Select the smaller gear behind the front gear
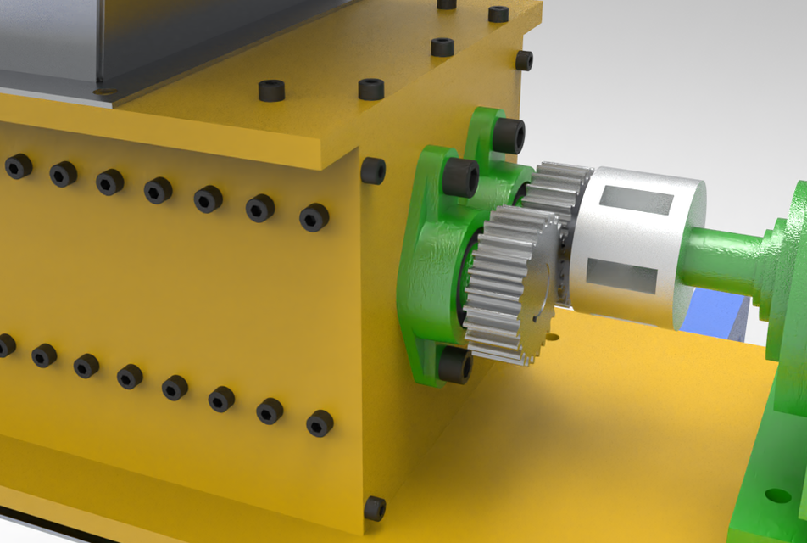click(555, 191)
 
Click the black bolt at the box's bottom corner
click(374, 508)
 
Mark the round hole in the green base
click(777, 495)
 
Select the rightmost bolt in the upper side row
click(314, 217)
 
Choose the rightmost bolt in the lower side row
click(319, 423)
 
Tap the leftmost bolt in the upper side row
click(18, 165)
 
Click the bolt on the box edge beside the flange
click(373, 171)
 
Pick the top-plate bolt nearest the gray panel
click(270, 90)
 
